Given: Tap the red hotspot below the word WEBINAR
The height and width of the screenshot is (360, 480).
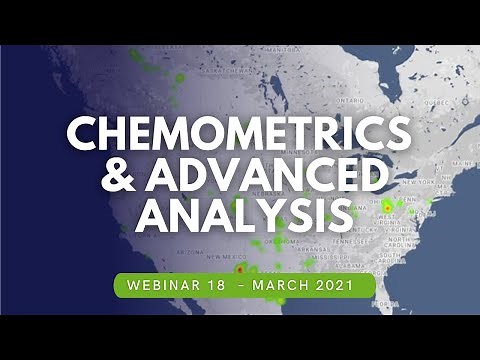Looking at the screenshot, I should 239,268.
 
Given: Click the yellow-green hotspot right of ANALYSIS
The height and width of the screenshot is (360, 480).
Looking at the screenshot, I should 387,206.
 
